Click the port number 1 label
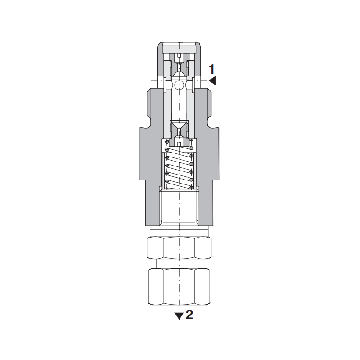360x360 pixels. [211, 69]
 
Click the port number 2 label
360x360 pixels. [189, 315]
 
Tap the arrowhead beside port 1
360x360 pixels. [212, 81]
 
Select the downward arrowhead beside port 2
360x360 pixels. [179, 316]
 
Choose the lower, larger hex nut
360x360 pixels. [179, 286]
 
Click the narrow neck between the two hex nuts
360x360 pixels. [179, 264]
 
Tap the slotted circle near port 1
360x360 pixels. [179, 85]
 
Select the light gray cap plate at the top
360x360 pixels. [179, 49]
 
